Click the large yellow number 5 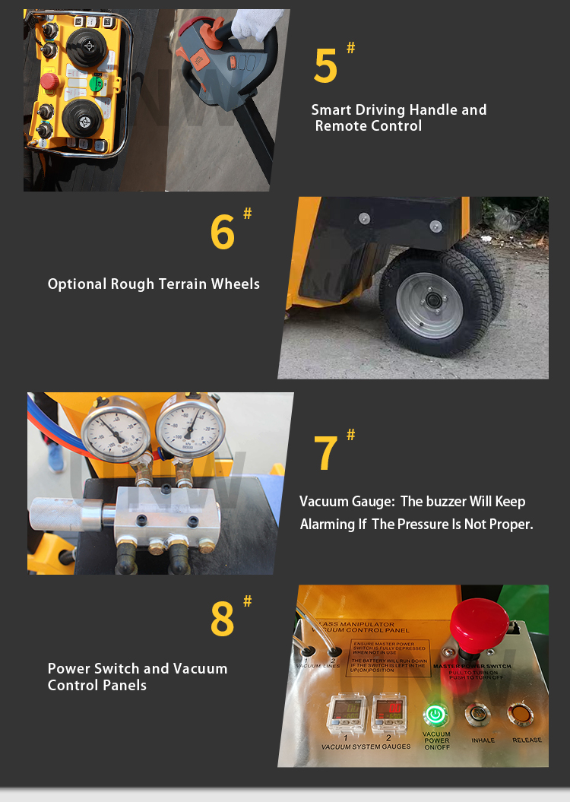coord(325,66)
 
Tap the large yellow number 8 coord(222,620)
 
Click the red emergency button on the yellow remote coord(49,81)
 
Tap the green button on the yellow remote coord(97,82)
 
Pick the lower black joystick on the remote coord(82,118)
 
